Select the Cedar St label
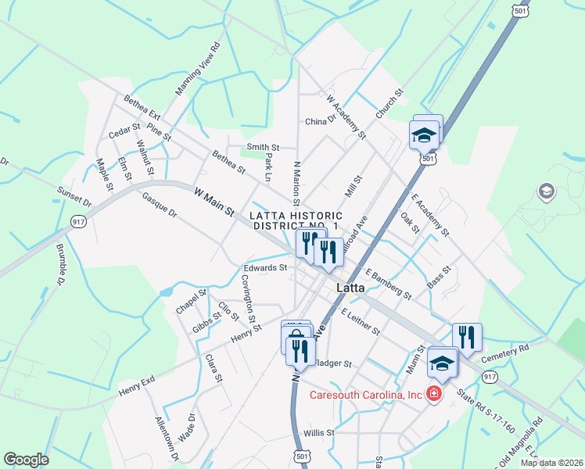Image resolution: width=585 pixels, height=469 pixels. tap(124, 131)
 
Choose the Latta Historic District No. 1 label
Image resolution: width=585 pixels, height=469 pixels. tap(296, 220)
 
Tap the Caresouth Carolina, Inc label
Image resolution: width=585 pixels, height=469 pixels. tap(367, 395)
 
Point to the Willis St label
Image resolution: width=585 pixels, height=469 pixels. tap(319, 432)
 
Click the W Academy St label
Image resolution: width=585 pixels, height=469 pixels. tap(346, 117)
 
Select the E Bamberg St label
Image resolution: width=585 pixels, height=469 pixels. tap(388, 283)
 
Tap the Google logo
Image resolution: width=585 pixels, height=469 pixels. tap(26, 460)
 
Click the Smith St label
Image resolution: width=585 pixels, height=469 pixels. tap(263, 146)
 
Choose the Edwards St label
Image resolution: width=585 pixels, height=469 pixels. tap(265, 267)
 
